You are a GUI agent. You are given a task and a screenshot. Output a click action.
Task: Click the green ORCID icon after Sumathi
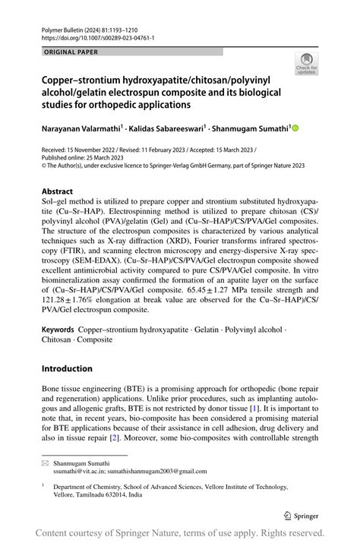[x=296, y=130]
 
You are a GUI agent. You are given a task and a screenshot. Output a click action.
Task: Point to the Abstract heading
[x=58, y=191]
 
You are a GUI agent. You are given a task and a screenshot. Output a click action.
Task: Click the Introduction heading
[x=68, y=369]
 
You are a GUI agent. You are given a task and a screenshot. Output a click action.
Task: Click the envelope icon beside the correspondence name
[x=45, y=462]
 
